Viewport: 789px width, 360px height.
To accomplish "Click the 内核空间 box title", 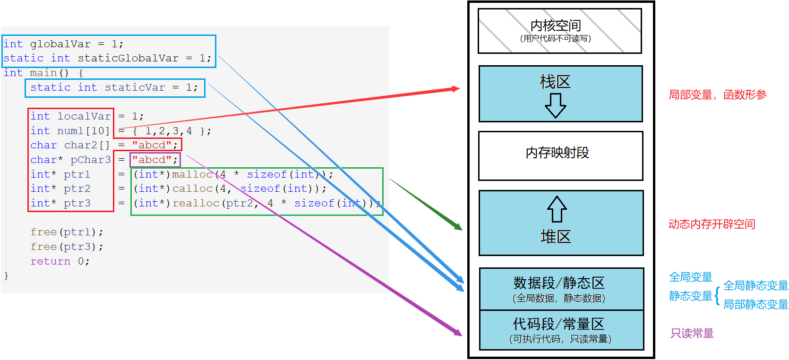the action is (x=556, y=26).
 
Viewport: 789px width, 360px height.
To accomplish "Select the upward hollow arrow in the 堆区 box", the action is (x=557, y=209).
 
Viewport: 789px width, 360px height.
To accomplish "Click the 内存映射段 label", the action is (x=557, y=153).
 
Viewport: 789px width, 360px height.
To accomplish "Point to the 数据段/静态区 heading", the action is (x=559, y=283).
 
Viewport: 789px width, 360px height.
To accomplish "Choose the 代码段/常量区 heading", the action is (x=558, y=324).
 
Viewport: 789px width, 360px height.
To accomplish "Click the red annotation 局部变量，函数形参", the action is (x=718, y=95).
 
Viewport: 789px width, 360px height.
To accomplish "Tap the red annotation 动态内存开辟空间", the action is (x=712, y=224).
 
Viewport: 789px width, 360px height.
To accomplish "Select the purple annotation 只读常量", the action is (x=692, y=333).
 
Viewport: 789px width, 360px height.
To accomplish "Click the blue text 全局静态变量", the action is (x=755, y=285).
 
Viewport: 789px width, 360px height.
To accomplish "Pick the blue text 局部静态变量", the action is (x=755, y=304).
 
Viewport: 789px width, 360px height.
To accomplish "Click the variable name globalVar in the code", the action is (x=60, y=44).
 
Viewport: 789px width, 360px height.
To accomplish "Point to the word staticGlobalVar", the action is (x=128, y=58).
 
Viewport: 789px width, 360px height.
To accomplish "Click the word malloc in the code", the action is (x=192, y=174).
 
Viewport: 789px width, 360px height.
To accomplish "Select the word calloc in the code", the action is (x=192, y=189).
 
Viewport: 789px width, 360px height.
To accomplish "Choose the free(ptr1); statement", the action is (x=67, y=232).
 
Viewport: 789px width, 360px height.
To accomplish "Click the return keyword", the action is (x=51, y=261).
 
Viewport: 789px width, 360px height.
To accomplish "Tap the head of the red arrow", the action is (x=456, y=89).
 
